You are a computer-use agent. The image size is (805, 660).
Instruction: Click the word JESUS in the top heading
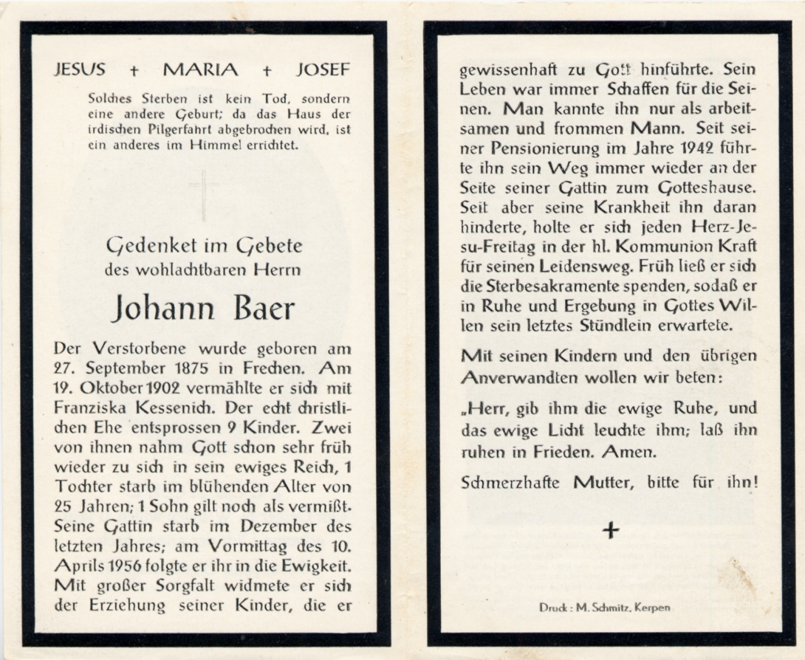pos(80,70)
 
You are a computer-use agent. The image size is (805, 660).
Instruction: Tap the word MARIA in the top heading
pos(201,70)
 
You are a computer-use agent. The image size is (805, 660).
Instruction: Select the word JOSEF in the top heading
pos(323,70)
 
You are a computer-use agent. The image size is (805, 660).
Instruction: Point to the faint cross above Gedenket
pos(203,193)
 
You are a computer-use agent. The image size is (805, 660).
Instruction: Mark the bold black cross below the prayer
pos(610,530)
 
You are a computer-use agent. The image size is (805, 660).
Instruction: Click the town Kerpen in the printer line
pos(655,608)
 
